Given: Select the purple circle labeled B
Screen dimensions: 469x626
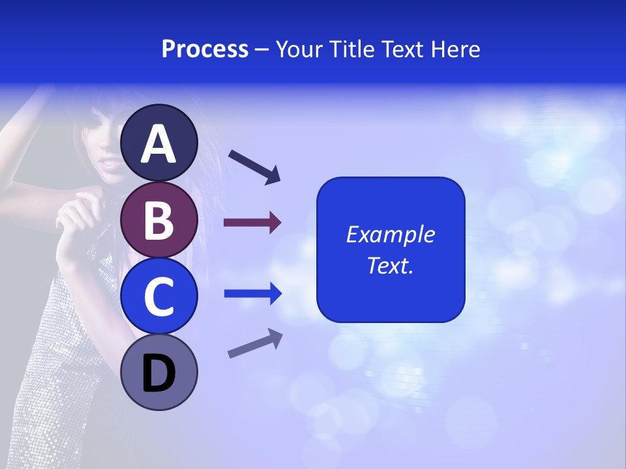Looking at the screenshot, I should pos(159,220).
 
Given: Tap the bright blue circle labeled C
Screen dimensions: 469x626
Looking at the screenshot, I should pos(159,296).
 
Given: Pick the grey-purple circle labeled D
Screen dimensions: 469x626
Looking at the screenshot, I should pos(159,373).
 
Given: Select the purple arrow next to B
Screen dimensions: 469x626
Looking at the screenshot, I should pos(252,223).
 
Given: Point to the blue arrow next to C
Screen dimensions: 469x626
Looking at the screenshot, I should pos(253,294).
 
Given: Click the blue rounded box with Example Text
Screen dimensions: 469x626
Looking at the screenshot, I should pos(391,249).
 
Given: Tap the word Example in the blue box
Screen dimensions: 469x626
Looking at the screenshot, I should pos(391,234).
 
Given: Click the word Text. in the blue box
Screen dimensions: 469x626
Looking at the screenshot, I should pos(391,265).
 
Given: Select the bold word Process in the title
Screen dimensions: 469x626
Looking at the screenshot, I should pos(205,49).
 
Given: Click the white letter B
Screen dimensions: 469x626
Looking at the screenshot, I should pos(159,220).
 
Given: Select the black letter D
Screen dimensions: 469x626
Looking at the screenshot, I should pos(159,374).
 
